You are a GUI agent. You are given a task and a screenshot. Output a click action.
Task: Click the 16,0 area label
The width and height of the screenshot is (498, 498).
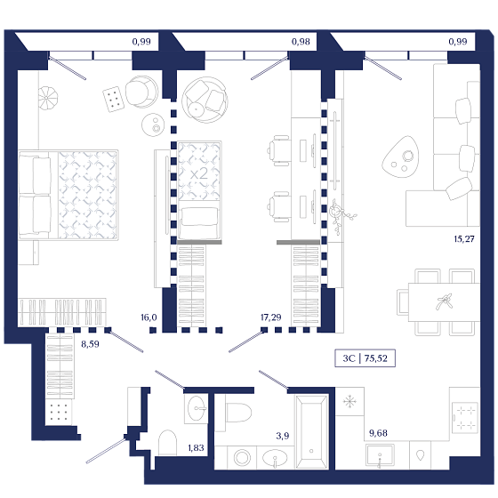(x=149, y=317)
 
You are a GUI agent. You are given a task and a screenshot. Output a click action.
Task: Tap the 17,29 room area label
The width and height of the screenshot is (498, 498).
(x=270, y=317)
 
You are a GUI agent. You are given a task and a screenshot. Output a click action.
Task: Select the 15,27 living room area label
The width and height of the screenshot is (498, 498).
(x=464, y=239)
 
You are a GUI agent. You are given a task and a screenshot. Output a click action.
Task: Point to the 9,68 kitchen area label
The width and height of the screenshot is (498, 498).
(x=378, y=433)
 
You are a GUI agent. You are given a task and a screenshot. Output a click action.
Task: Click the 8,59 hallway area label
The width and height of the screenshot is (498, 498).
(x=90, y=344)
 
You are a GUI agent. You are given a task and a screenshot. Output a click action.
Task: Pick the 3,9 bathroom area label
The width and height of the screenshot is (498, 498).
(x=283, y=436)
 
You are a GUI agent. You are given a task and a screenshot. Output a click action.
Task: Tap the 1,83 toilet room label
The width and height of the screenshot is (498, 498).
(x=196, y=447)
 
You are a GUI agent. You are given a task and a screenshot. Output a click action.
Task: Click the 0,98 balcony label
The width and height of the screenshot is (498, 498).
(x=301, y=42)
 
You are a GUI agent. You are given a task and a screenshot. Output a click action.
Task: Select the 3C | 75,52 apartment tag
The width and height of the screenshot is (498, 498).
(x=365, y=358)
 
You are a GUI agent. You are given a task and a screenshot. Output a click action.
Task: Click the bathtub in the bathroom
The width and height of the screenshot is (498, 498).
(x=311, y=432)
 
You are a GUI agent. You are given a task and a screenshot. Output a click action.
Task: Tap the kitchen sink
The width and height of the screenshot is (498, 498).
(x=380, y=455)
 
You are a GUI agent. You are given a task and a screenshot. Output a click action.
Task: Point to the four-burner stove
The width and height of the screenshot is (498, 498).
(x=464, y=417)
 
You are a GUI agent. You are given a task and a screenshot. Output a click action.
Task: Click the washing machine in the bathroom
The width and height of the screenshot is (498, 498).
(x=242, y=458)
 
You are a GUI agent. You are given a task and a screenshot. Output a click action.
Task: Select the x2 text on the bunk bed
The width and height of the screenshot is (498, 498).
(x=199, y=174)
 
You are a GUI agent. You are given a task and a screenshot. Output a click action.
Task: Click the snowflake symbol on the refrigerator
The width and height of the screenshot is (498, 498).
(x=349, y=401)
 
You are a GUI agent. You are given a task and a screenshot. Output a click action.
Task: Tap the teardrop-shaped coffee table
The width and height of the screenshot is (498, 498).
(x=400, y=157)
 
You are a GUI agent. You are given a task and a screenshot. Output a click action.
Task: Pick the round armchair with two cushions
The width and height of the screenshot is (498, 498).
(x=205, y=100)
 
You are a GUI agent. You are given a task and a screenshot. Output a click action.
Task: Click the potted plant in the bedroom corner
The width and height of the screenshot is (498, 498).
(x=48, y=98)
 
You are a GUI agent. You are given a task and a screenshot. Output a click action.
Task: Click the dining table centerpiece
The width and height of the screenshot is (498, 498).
(x=445, y=301)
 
